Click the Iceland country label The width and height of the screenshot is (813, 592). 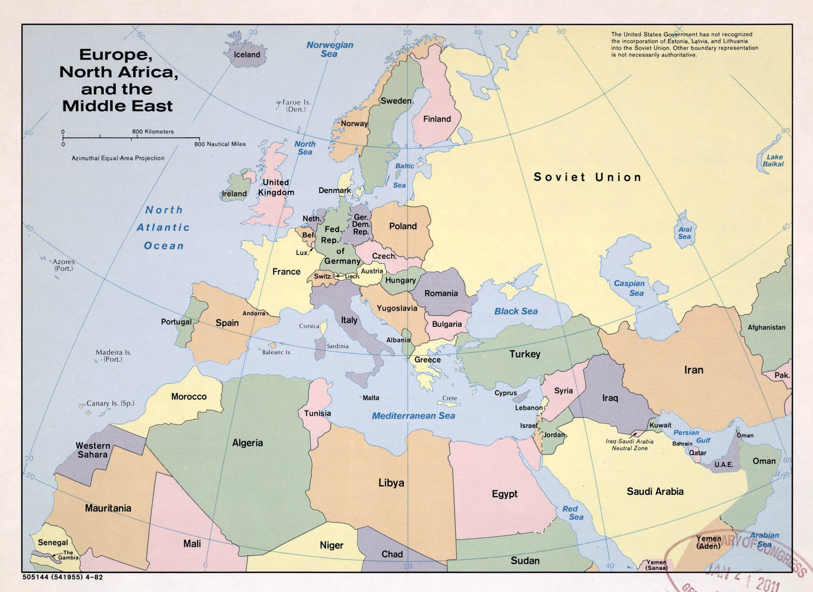(247, 55)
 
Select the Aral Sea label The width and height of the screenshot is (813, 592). (685, 233)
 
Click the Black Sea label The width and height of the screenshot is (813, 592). (516, 311)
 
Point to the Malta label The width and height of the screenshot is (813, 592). (371, 398)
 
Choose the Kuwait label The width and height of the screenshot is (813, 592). (660, 425)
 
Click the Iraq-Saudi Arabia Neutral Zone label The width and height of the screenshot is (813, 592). (630, 445)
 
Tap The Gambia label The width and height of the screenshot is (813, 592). (68, 555)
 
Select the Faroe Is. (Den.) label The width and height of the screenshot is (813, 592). (296, 106)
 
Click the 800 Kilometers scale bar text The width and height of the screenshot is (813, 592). (153, 131)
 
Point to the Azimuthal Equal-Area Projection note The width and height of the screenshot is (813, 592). (118, 158)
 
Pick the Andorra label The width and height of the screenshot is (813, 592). (254, 313)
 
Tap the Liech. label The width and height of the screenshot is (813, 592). (352, 276)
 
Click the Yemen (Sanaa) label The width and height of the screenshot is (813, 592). (656, 565)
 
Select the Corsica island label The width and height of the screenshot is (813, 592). (309, 326)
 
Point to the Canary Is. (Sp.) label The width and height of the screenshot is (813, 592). (110, 403)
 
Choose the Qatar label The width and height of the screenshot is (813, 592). (698, 453)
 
